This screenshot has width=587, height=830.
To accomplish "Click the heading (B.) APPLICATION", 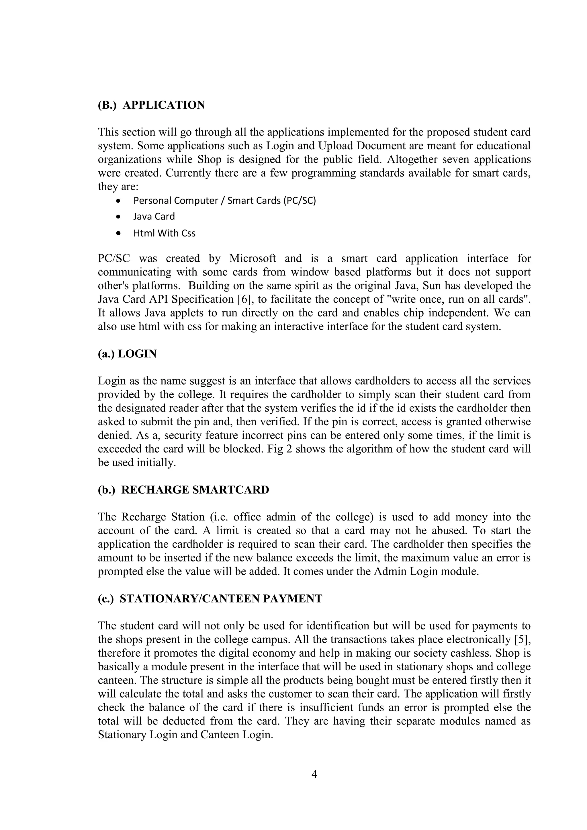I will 151,105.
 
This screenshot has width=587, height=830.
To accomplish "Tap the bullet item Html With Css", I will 165,233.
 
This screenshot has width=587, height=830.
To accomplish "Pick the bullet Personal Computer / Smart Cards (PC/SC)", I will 224,201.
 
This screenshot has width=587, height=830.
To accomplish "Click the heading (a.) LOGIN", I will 127,354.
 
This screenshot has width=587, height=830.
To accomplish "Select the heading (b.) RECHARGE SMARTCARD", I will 183,490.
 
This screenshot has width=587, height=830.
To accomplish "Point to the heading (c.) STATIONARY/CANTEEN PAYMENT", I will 210,599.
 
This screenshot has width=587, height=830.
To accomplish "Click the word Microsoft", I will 253,259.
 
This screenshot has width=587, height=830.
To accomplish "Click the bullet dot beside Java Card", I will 119,217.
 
